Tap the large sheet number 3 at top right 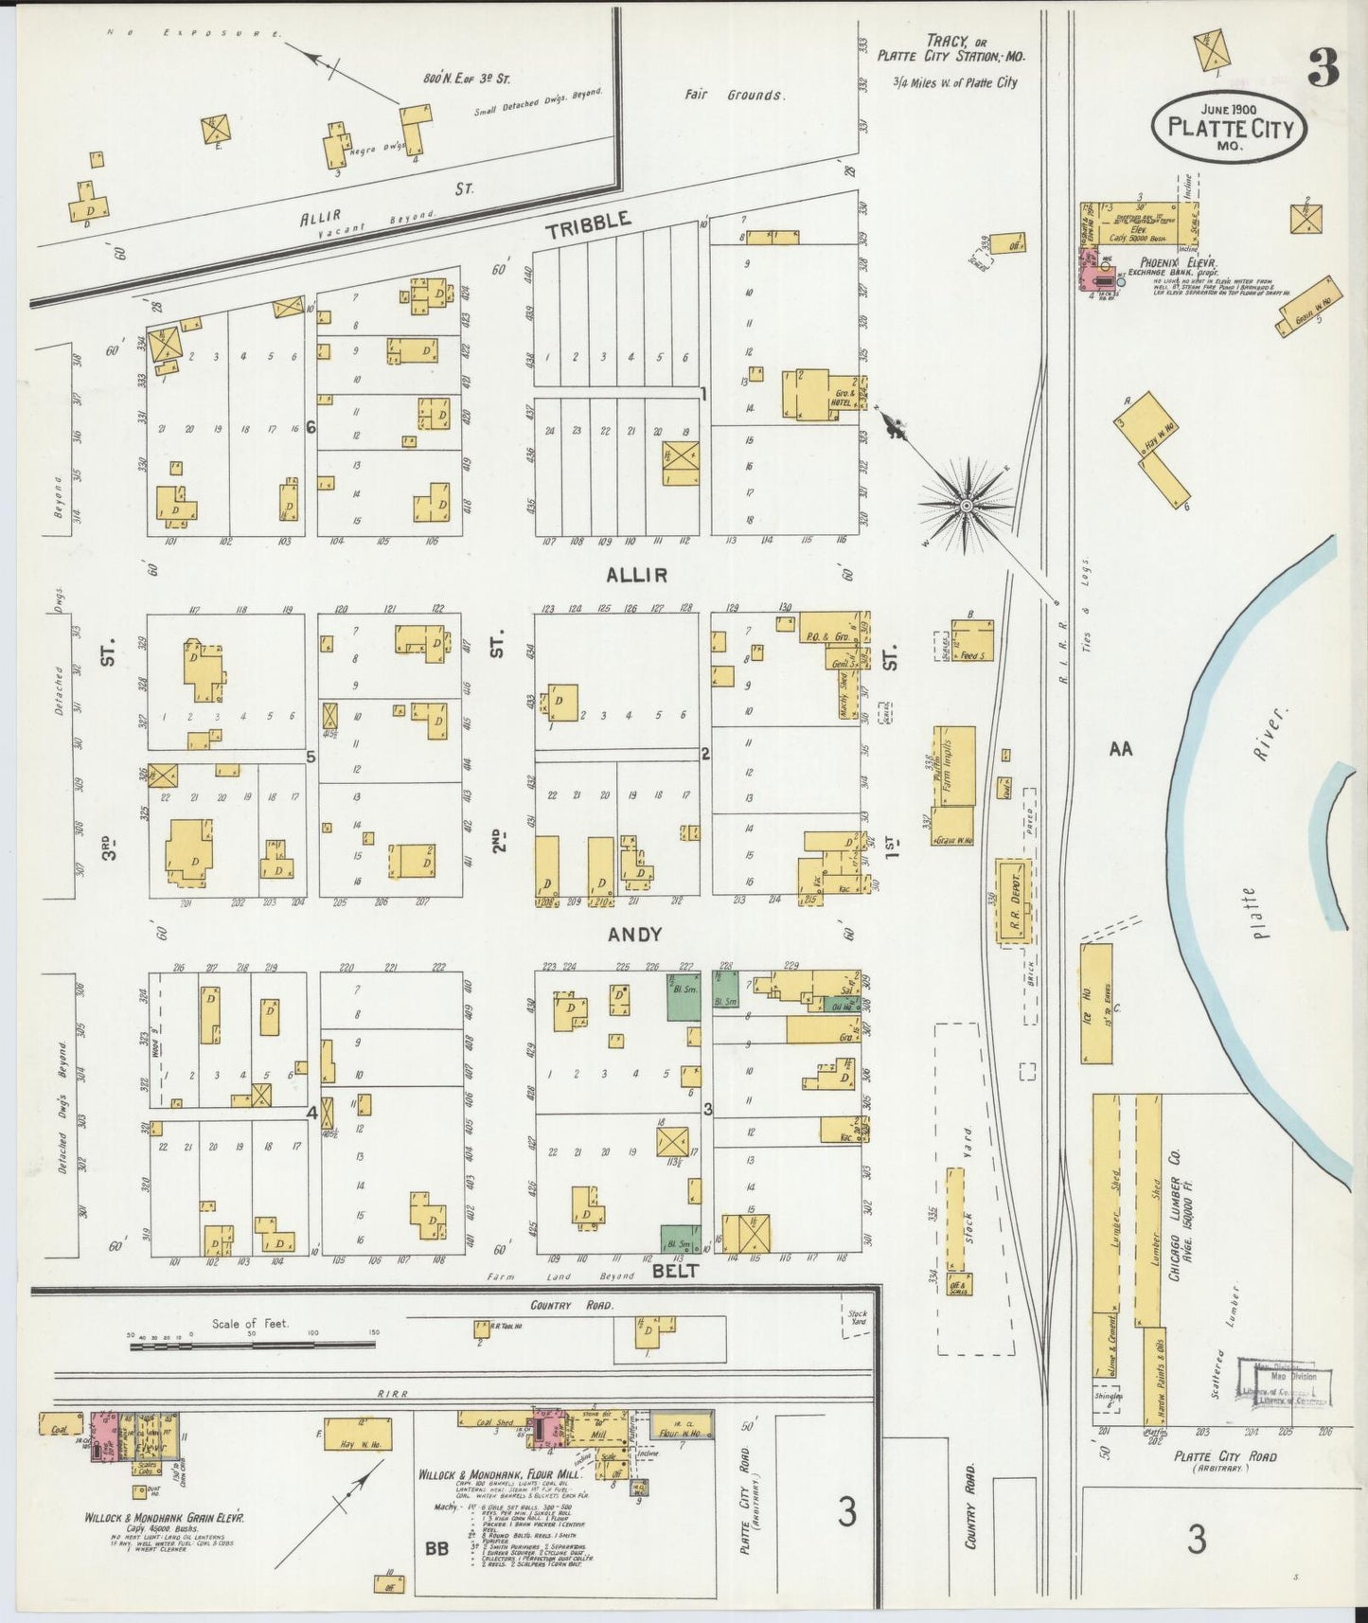tap(1323, 66)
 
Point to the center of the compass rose tap(966, 507)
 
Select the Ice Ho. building tap(1096, 1003)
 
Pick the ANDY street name tap(634, 935)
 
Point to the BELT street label tap(674, 1271)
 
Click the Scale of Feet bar tap(252, 1343)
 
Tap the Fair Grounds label tap(735, 95)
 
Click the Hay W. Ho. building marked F tap(357, 1434)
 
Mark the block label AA tap(1120, 749)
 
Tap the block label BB tap(436, 1550)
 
